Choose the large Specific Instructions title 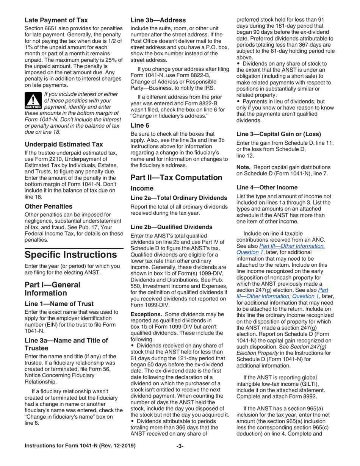(74, 254)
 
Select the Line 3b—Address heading (158, 20)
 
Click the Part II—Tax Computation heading (176, 177)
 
